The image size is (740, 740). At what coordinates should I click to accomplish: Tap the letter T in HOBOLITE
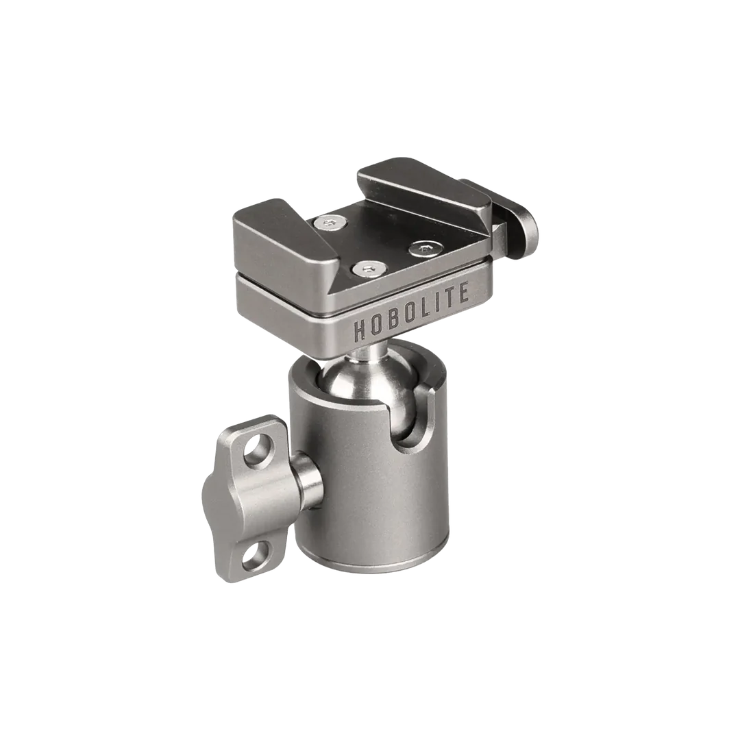click(447, 297)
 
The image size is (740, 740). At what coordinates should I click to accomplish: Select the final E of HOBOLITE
click(462, 292)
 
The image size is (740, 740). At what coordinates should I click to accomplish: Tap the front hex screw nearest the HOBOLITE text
click(369, 269)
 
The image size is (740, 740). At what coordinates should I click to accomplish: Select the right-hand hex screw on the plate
click(426, 248)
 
